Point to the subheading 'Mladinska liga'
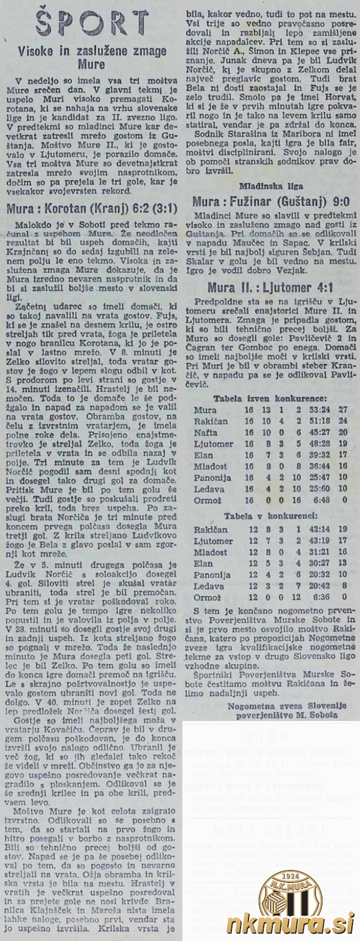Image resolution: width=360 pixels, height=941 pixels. coord(269,187)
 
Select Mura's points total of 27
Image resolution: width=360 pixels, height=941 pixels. coord(343,410)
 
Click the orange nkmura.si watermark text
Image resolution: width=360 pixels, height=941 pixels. coord(290,922)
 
